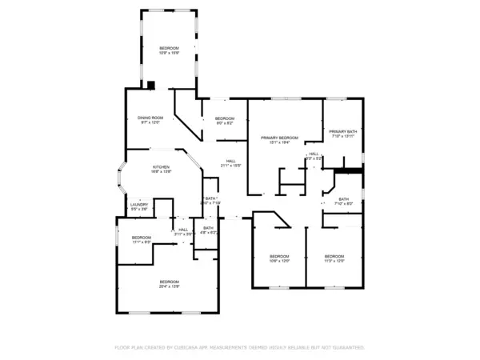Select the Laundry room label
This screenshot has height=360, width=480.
coord(138,206)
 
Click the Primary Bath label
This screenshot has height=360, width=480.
coord(342,134)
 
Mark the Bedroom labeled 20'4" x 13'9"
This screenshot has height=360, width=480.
coord(169,283)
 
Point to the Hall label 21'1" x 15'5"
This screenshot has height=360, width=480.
coord(230,162)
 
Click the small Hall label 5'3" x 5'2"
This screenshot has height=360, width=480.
coord(314,155)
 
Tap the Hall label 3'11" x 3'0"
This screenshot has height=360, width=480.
coord(183,231)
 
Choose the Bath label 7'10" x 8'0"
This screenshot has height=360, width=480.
coord(343,201)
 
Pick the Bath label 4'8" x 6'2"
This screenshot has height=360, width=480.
coord(208,230)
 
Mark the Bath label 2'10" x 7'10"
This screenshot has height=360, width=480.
coord(211,200)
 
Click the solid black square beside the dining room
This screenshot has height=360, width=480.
coord(150,84)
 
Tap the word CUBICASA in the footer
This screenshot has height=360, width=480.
coord(190,348)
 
